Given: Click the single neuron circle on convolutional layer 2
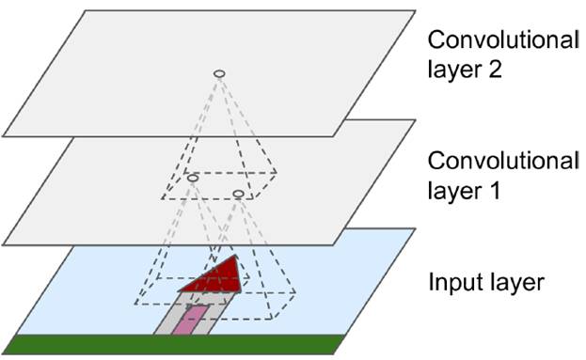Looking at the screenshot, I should tap(218, 73).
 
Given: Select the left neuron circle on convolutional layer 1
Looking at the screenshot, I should tap(192, 177).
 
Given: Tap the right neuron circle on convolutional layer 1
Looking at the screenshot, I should tap(238, 194).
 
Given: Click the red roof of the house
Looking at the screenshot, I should tap(214, 277).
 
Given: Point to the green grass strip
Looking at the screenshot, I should tap(169, 345).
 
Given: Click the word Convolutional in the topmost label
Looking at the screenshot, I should tap(502, 41).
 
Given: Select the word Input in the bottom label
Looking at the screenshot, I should tap(450, 283).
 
